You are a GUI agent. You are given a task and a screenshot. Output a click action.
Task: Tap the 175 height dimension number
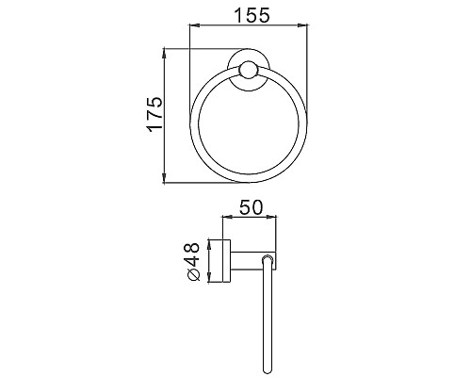pyautogui.click(x=155, y=114)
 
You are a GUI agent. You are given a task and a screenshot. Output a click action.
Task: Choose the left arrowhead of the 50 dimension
pyautogui.click(x=223, y=220)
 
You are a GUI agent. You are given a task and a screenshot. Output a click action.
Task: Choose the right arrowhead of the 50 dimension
pyautogui.click(x=276, y=220)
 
